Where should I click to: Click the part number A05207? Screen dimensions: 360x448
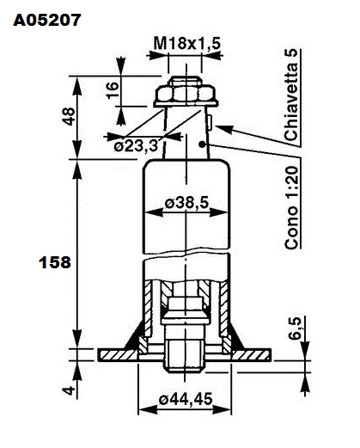click(47, 20)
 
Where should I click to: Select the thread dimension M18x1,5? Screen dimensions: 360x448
click(187, 43)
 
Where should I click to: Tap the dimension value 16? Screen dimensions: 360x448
click(113, 90)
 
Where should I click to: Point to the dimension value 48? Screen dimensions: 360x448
click(69, 116)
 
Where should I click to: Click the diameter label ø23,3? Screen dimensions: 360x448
click(136, 146)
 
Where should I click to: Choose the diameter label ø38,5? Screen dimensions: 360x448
click(187, 203)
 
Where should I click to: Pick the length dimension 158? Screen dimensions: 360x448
click(55, 262)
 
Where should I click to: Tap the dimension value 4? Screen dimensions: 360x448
click(69, 390)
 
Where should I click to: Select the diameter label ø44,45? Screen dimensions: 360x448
click(186, 399)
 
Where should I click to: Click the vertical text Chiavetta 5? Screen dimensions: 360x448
click(291, 95)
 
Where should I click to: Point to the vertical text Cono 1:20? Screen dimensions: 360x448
click(292, 207)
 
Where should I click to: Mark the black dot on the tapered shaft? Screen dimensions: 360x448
click(203, 144)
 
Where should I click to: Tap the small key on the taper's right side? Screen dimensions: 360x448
click(210, 121)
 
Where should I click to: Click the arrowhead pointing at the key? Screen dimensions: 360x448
click(224, 128)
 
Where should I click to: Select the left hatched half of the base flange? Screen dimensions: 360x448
click(118, 355)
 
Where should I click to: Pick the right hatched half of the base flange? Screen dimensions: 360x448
click(251, 355)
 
